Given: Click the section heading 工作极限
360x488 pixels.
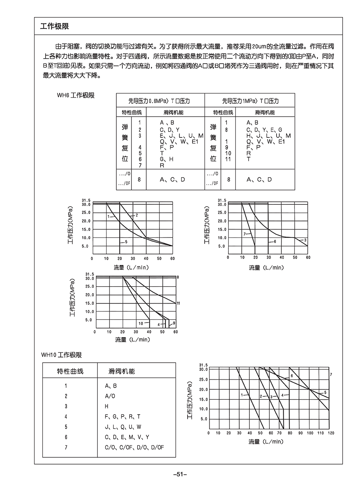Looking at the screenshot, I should (x=55, y=27).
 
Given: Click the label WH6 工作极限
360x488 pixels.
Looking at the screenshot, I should (x=75, y=95).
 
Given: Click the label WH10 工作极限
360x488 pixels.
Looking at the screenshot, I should (x=61, y=355).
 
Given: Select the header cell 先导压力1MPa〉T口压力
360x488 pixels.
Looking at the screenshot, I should (x=250, y=101).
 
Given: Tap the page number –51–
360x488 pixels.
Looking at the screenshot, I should (x=180, y=474).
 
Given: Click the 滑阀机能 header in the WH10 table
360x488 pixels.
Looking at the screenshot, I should (x=122, y=371).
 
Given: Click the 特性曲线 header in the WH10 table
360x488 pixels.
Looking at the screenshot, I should (x=70, y=371).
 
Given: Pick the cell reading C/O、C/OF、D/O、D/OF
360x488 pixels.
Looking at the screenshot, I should (x=135, y=447).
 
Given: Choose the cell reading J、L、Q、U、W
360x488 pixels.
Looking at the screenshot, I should (x=123, y=427).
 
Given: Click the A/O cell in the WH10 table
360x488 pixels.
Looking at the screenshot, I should (x=110, y=396).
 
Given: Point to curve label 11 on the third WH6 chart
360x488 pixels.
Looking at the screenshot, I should (x=178, y=303).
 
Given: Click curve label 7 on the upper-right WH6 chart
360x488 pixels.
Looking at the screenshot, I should (x=245, y=234).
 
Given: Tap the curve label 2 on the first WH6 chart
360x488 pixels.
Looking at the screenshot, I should (x=136, y=215).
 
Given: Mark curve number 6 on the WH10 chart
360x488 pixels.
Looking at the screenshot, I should (x=292, y=376).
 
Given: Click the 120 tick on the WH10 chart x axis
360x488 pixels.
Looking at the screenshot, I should (x=331, y=433).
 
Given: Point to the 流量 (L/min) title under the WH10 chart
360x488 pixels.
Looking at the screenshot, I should (x=266, y=442).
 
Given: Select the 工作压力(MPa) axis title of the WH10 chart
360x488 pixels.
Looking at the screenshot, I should (x=189, y=400).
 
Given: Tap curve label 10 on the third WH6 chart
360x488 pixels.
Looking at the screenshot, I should (x=141, y=323).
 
